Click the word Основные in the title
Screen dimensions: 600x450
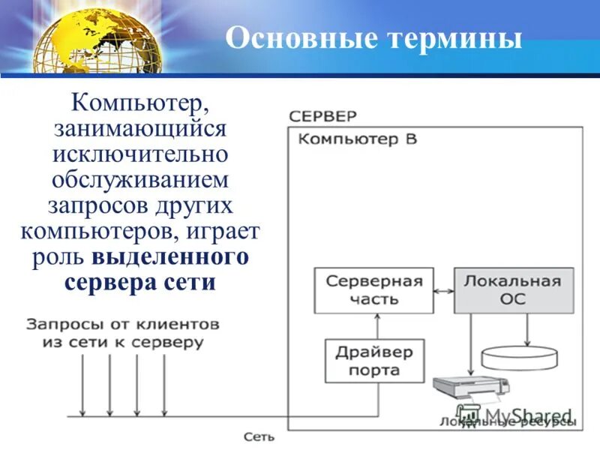(292, 37)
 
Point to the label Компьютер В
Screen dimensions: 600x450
(358, 139)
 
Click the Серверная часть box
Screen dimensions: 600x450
(373, 290)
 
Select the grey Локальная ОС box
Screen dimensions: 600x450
(513, 290)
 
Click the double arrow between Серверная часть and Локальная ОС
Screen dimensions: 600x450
(443, 290)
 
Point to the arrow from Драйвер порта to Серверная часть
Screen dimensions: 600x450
(377, 326)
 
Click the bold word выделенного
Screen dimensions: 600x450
(171, 256)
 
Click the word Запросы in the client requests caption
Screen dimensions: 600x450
(63, 325)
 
